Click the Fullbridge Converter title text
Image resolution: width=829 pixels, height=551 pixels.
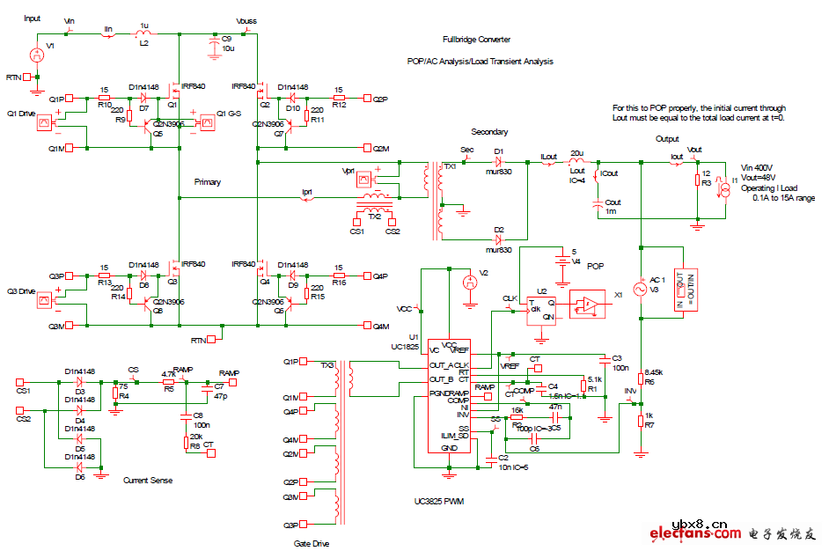click(x=476, y=40)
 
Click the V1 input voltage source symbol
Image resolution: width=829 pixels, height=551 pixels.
click(x=37, y=55)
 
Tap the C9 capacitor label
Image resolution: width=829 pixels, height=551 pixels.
click(x=226, y=39)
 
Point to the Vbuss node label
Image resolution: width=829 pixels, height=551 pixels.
click(x=247, y=20)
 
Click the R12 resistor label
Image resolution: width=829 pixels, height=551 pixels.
click(x=340, y=105)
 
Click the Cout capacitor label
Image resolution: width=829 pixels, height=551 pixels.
click(x=613, y=203)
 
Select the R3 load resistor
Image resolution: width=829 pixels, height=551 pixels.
click(x=697, y=181)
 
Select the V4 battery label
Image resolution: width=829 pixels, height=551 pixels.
click(x=577, y=261)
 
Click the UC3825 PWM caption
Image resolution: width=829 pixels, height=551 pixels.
click(x=439, y=502)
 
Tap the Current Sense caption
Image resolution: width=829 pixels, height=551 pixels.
click(x=148, y=480)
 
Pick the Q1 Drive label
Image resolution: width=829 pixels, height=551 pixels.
click(x=20, y=114)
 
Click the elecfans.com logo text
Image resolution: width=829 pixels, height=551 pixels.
click(x=695, y=533)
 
